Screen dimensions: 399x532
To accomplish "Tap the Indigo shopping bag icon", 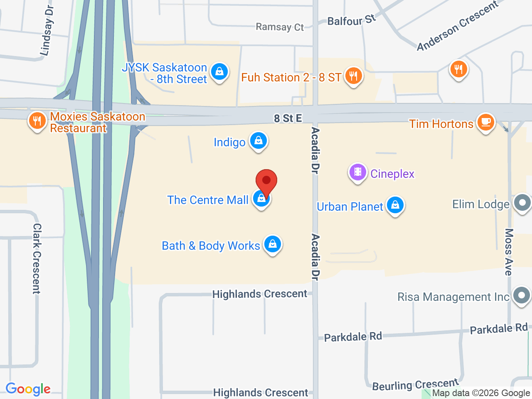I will pos(259,141).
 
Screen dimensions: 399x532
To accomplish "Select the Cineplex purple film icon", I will pos(357,172).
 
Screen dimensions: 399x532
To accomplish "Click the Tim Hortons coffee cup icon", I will pos(485,122).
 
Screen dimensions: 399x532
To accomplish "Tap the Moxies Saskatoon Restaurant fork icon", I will pos(37,121).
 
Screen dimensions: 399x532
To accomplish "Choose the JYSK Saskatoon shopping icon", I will pos(219,72).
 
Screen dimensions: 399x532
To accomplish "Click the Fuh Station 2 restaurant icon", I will pos(353,76).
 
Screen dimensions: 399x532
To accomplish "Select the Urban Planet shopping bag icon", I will pos(395,205).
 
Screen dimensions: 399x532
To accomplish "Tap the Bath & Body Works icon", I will pos(273,244).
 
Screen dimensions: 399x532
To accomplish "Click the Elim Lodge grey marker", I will pos(522,203).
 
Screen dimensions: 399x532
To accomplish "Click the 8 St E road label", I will pos(288,118).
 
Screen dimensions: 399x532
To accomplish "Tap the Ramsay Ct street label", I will pos(280,27).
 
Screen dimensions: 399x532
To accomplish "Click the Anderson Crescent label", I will pos(457,26).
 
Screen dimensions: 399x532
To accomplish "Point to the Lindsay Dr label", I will pos(47,31).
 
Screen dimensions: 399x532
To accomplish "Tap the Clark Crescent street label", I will pos(37,259).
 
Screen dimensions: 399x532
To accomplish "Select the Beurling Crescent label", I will pos(415,385).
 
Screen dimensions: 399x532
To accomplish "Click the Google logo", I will pos(28,389).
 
